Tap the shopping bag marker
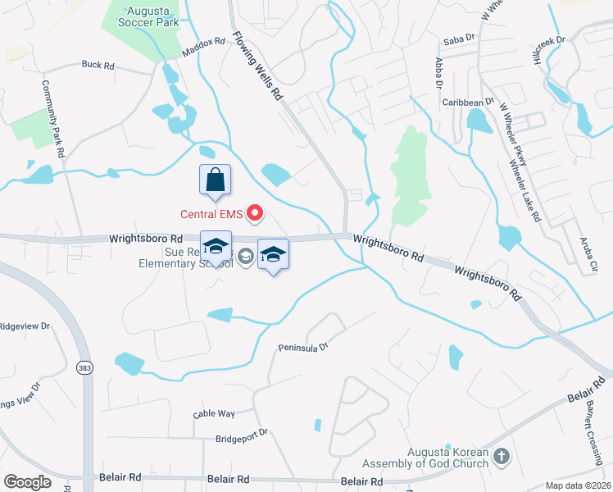pyautogui.click(x=215, y=180)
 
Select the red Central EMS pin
pyautogui.click(x=254, y=214)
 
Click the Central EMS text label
pyautogui.click(x=211, y=215)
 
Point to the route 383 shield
pyautogui.click(x=84, y=368)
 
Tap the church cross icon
pyautogui.click(x=502, y=456)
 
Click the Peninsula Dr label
pyautogui.click(x=302, y=346)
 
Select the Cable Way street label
pyautogui.click(x=214, y=414)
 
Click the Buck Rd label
pyautogui.click(x=98, y=64)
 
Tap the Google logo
pyautogui.click(x=27, y=481)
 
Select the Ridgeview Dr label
pyautogui.click(x=25, y=325)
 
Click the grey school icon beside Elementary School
pyautogui.click(x=244, y=257)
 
